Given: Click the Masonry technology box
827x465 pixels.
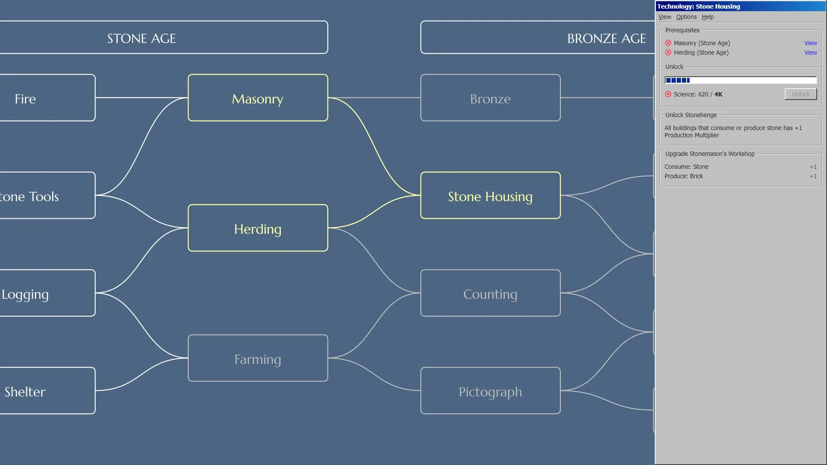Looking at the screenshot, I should click(x=258, y=98).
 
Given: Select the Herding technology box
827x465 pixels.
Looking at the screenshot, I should click(x=258, y=228).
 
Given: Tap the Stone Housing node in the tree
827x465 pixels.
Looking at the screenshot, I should click(x=490, y=196).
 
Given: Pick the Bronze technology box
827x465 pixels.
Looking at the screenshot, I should click(x=490, y=98).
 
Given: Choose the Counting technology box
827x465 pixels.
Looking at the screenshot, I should click(x=490, y=294).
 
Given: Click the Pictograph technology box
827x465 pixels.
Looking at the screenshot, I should click(x=490, y=391).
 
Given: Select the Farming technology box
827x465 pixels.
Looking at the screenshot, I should click(x=258, y=358).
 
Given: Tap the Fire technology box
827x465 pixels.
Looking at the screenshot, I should click(x=47, y=98).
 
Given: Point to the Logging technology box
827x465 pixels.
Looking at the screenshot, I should click(x=47, y=294).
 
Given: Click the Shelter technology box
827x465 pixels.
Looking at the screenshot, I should click(x=47, y=391).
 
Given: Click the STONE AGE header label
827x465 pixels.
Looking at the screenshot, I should click(x=141, y=38).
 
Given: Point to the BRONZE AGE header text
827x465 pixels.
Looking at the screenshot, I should click(x=606, y=38).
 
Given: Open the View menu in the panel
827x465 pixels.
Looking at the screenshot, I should click(x=665, y=17).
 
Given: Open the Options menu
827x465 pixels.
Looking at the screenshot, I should click(x=686, y=17).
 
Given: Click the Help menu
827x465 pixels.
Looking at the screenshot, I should click(x=708, y=17).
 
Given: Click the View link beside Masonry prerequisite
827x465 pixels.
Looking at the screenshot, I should click(x=810, y=43).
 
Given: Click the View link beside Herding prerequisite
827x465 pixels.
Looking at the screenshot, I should click(x=810, y=53).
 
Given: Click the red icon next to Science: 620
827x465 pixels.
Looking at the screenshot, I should click(x=668, y=94).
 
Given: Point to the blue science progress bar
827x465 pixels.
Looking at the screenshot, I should click(x=740, y=80).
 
